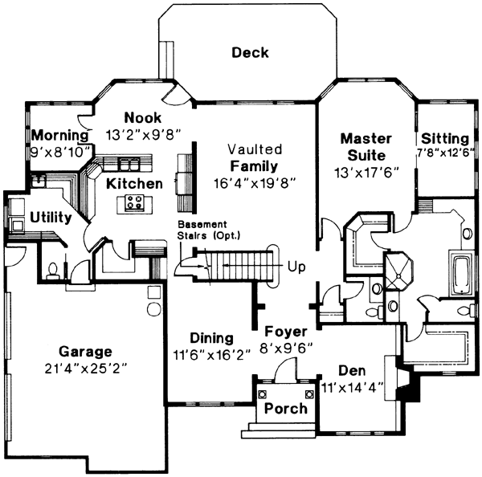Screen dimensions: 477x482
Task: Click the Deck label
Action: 250,53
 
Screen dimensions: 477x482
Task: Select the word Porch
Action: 286,408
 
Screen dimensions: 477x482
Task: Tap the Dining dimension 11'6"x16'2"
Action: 212,353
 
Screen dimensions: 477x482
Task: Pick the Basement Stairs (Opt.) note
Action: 209,228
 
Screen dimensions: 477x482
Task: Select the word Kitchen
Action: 135,184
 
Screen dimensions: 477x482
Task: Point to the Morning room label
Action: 59,134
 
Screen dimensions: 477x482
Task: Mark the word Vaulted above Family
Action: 254,149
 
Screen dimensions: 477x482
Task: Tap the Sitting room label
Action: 444,138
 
